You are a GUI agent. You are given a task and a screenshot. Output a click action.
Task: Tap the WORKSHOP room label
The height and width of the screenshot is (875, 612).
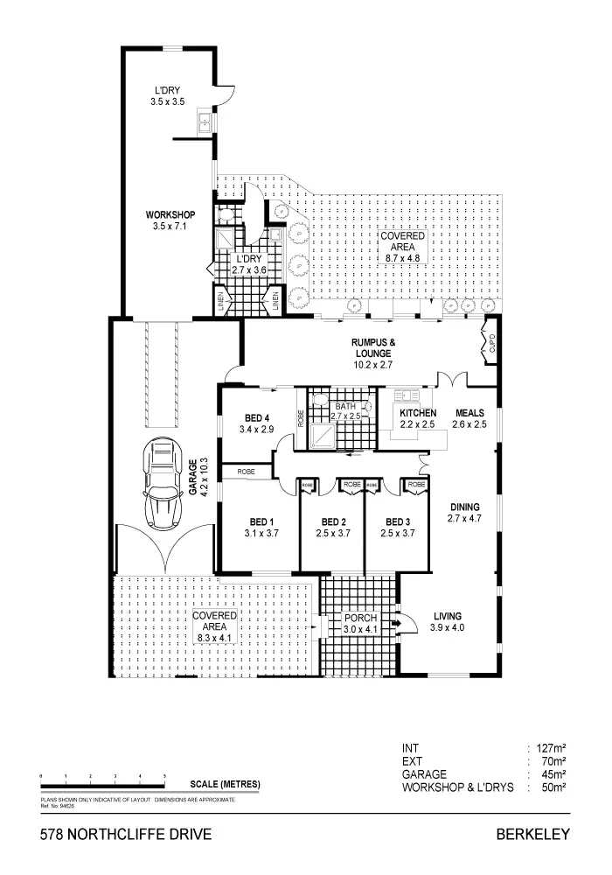[x=170, y=215]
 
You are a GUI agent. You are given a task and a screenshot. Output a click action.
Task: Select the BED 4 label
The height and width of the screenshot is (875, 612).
[x=256, y=416]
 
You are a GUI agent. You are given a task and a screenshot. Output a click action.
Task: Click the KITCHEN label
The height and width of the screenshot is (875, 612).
[x=417, y=412]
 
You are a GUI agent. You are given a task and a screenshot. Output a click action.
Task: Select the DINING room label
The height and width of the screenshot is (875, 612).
[x=464, y=507]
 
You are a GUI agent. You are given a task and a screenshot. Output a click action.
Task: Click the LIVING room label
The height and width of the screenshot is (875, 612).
[x=447, y=616]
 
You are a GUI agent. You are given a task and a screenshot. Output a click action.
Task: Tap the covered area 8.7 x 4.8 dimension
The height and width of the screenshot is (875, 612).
[x=403, y=258]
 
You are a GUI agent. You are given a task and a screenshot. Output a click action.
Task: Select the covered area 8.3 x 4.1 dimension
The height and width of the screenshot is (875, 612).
[x=215, y=639]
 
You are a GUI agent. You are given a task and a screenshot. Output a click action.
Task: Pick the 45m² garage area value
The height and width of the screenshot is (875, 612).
[x=553, y=774]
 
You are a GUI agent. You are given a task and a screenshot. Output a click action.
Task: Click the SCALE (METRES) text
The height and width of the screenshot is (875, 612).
[x=225, y=783]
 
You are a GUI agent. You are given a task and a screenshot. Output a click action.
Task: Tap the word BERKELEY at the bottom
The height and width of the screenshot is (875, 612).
[x=533, y=835]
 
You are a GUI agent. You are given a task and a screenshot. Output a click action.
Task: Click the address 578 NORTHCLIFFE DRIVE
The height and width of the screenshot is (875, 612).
[x=126, y=835]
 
